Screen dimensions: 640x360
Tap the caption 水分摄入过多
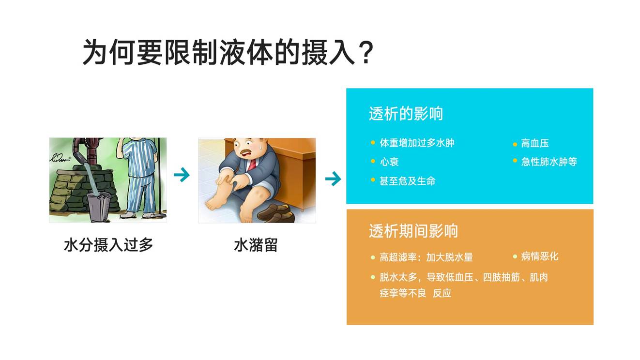click(x=108, y=245)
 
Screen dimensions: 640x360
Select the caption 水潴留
click(x=256, y=245)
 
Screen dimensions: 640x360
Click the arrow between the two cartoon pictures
click(x=182, y=174)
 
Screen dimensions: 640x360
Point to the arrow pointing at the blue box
click(x=333, y=179)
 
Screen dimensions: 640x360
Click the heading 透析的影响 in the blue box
click(x=406, y=113)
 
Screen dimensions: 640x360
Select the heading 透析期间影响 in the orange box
click(x=413, y=231)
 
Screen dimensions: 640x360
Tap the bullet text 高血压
click(x=535, y=143)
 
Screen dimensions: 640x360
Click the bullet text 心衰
click(x=389, y=162)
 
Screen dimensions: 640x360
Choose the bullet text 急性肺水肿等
click(x=549, y=162)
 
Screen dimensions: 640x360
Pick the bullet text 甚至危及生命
click(x=407, y=180)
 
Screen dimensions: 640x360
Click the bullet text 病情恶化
click(x=539, y=256)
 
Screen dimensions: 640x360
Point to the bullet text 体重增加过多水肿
click(x=417, y=143)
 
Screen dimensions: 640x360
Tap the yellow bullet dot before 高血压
click(x=515, y=144)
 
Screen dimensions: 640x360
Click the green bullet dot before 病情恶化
click(x=515, y=256)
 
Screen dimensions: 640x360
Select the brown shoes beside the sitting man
click(x=276, y=213)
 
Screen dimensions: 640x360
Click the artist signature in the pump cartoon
click(x=61, y=158)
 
